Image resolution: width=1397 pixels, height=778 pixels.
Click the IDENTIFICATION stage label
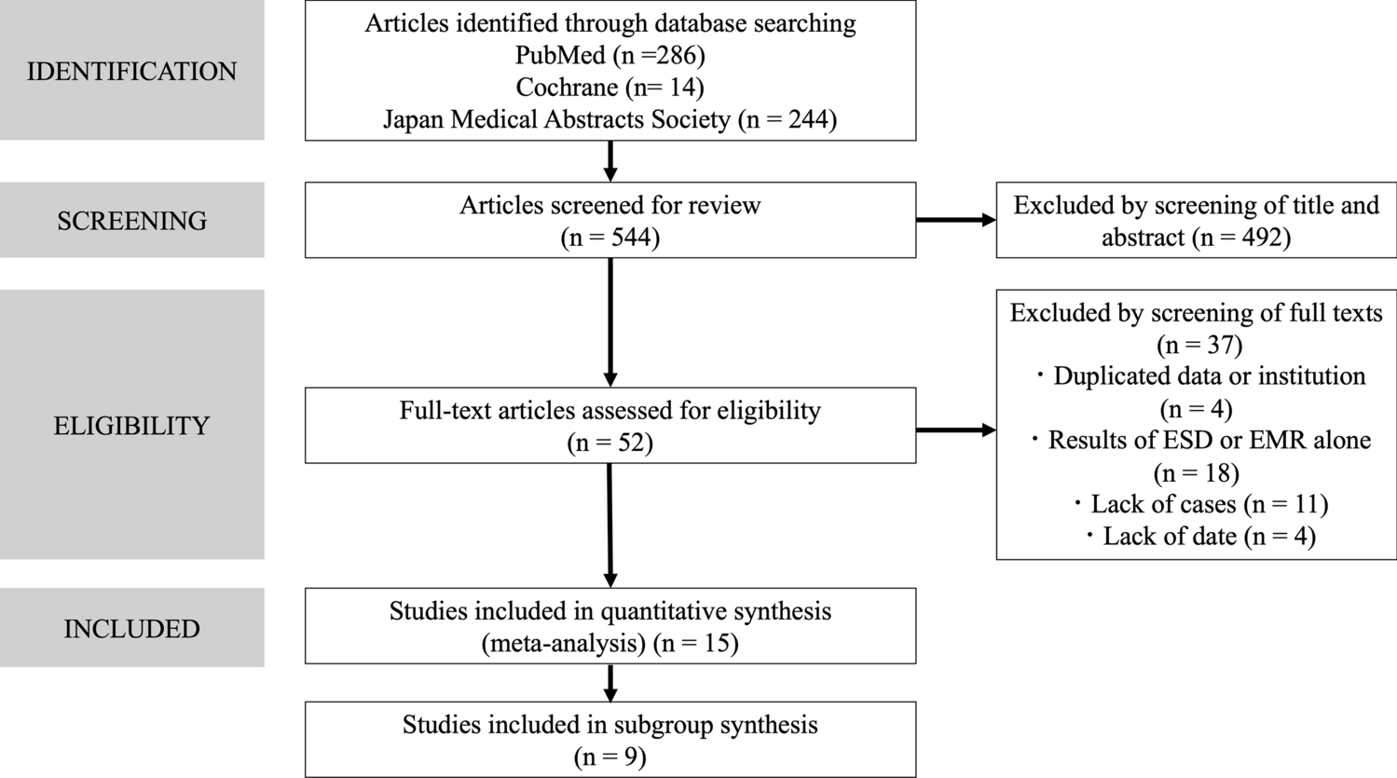click(x=131, y=72)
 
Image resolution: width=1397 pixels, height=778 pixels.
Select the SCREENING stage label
click(x=131, y=221)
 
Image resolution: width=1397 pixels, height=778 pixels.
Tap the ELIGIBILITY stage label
click(x=131, y=426)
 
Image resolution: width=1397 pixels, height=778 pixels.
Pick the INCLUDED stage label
click(x=131, y=629)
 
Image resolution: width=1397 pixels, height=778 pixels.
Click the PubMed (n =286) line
click(x=609, y=56)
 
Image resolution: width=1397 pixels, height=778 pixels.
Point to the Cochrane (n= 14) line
click(x=609, y=88)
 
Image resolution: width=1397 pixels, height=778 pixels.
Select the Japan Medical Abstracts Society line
click(x=609, y=119)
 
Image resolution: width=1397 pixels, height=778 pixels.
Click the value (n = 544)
click(x=609, y=238)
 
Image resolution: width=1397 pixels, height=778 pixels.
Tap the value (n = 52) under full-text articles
click(x=609, y=443)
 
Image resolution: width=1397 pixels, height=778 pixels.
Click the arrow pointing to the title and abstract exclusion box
click(x=955, y=221)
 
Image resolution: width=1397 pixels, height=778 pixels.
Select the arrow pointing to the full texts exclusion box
click(x=955, y=430)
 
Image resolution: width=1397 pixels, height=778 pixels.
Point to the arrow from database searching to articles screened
click(x=610, y=161)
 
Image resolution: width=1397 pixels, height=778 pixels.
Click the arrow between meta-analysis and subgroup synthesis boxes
click(x=610, y=682)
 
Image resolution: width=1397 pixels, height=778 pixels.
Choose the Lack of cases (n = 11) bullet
click(x=1200, y=504)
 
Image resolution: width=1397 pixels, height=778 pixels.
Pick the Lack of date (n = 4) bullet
click(x=1200, y=536)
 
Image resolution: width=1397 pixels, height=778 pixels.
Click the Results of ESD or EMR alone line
click(x=1200, y=440)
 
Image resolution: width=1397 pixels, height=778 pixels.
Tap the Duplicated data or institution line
click(x=1200, y=376)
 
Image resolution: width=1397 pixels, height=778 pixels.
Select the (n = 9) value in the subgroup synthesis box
click(x=609, y=757)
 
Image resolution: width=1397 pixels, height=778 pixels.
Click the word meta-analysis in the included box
click(x=563, y=643)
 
